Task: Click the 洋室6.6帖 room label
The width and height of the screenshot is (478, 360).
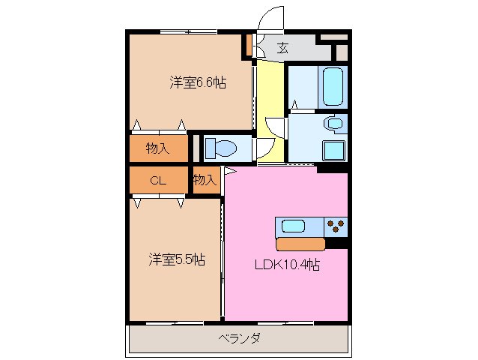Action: click(x=198, y=83)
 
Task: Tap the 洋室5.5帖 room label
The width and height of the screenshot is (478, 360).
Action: click(x=176, y=259)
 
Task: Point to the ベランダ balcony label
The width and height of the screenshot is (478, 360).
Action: click(x=239, y=338)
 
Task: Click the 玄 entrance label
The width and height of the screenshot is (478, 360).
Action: click(x=282, y=49)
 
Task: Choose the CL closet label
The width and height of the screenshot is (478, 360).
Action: click(x=157, y=180)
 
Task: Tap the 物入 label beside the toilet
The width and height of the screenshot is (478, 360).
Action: click(x=157, y=148)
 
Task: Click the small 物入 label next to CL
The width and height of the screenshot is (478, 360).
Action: click(x=205, y=180)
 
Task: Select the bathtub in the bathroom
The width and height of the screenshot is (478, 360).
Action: click(x=333, y=88)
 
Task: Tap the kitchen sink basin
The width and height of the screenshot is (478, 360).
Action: click(x=292, y=226)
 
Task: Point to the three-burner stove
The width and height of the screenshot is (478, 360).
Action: click(x=336, y=226)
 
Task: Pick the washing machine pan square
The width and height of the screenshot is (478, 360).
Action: click(x=333, y=149)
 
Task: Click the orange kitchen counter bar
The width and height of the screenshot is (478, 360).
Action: click(x=300, y=244)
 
